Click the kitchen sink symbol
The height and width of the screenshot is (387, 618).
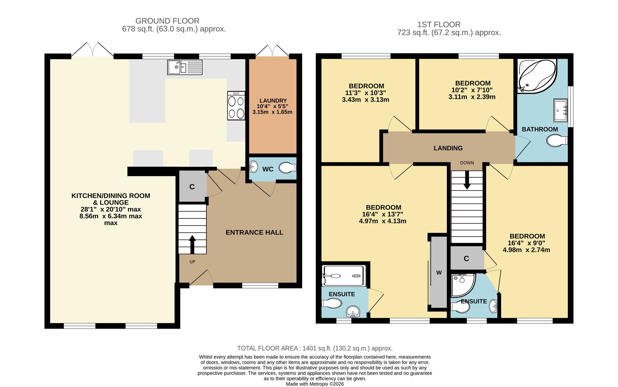[x=185, y=67]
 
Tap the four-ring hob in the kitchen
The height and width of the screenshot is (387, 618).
[x=236, y=106]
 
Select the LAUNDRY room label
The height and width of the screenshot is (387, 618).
[x=273, y=101]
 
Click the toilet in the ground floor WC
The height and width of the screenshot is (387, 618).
[x=287, y=168]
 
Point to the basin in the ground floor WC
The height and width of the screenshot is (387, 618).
[x=254, y=167]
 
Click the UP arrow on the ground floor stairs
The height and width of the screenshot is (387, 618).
[x=192, y=245]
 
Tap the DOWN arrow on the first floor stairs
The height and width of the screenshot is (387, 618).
[x=467, y=180]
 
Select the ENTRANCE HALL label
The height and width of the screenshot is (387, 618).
[x=254, y=233]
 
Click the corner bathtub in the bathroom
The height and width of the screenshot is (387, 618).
[x=537, y=75]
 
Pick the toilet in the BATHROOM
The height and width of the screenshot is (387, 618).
[x=557, y=141]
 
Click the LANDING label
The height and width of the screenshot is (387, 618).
[x=448, y=148]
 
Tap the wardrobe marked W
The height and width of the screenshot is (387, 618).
[x=439, y=272]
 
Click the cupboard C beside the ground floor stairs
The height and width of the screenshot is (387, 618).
[x=192, y=187]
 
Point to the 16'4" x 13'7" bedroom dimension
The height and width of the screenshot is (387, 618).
[x=383, y=214]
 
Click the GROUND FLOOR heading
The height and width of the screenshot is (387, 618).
[x=167, y=21]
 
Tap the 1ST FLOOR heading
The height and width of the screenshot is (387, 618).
[x=439, y=25]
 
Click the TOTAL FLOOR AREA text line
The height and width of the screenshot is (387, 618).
[x=315, y=348]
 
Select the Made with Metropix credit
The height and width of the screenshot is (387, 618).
[x=315, y=384]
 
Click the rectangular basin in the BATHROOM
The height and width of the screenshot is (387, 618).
[x=561, y=110]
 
